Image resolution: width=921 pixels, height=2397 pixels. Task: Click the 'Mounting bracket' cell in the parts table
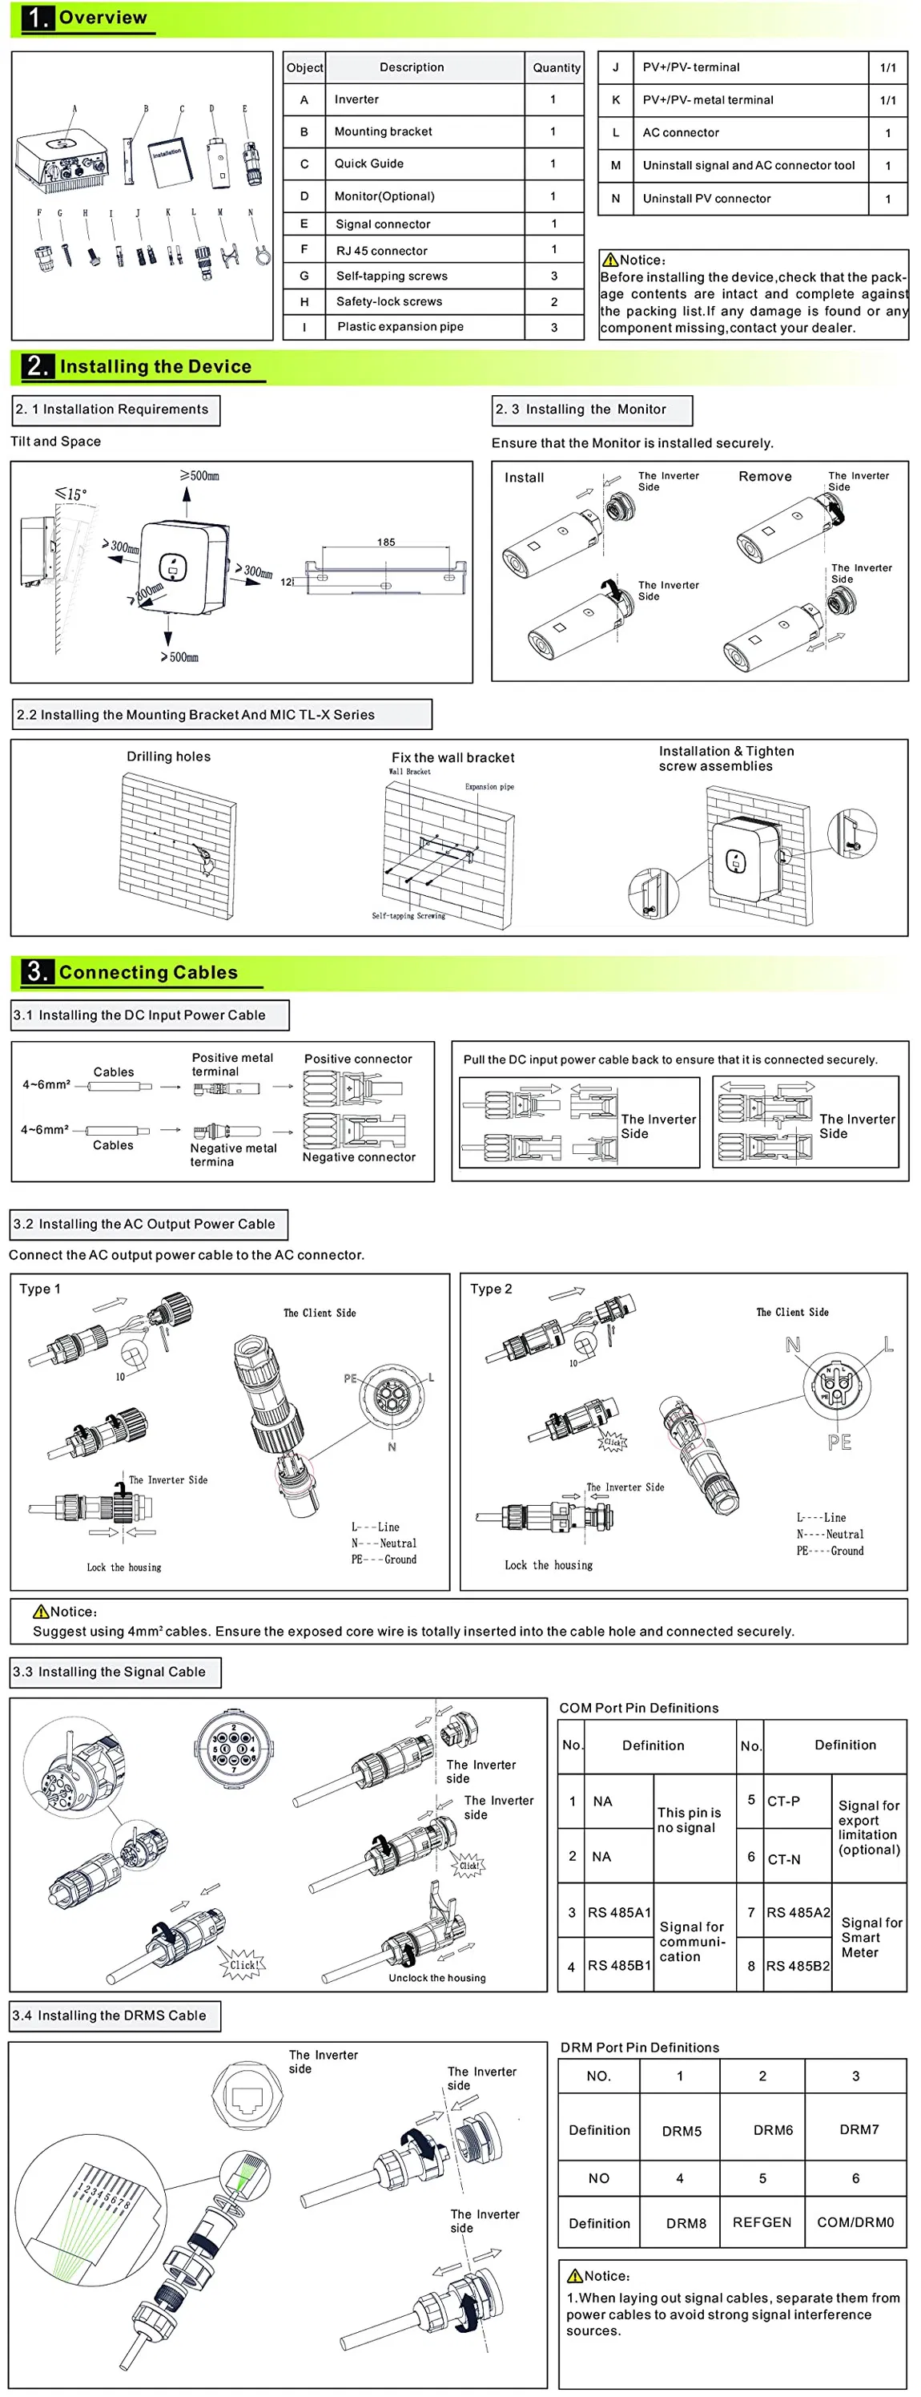(384, 131)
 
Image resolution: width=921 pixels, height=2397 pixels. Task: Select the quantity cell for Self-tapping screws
(553, 276)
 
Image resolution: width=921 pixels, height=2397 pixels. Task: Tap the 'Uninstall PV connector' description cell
(706, 198)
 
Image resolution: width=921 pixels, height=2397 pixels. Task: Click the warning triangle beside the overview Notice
(610, 260)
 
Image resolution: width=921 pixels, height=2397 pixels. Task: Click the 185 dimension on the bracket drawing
(386, 542)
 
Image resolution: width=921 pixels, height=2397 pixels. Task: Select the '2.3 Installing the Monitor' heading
(581, 409)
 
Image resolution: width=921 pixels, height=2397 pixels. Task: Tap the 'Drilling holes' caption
(168, 757)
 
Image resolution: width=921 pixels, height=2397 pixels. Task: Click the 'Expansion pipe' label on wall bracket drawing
(489, 786)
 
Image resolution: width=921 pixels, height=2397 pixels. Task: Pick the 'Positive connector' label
(358, 1059)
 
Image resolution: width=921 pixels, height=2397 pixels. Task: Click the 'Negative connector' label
(359, 1156)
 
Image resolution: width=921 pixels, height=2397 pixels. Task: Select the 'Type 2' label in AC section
(491, 1289)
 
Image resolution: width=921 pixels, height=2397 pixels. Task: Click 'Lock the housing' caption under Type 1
(123, 1567)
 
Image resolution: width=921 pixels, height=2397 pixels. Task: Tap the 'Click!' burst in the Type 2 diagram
(612, 1443)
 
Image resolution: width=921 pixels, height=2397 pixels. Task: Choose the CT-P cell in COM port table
(783, 1801)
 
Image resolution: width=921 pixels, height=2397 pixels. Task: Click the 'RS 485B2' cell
(798, 1965)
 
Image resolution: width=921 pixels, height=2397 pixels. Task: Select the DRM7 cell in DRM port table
(859, 2129)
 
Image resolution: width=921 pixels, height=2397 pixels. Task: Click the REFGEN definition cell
(762, 2222)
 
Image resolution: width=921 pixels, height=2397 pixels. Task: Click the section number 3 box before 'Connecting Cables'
(37, 971)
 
